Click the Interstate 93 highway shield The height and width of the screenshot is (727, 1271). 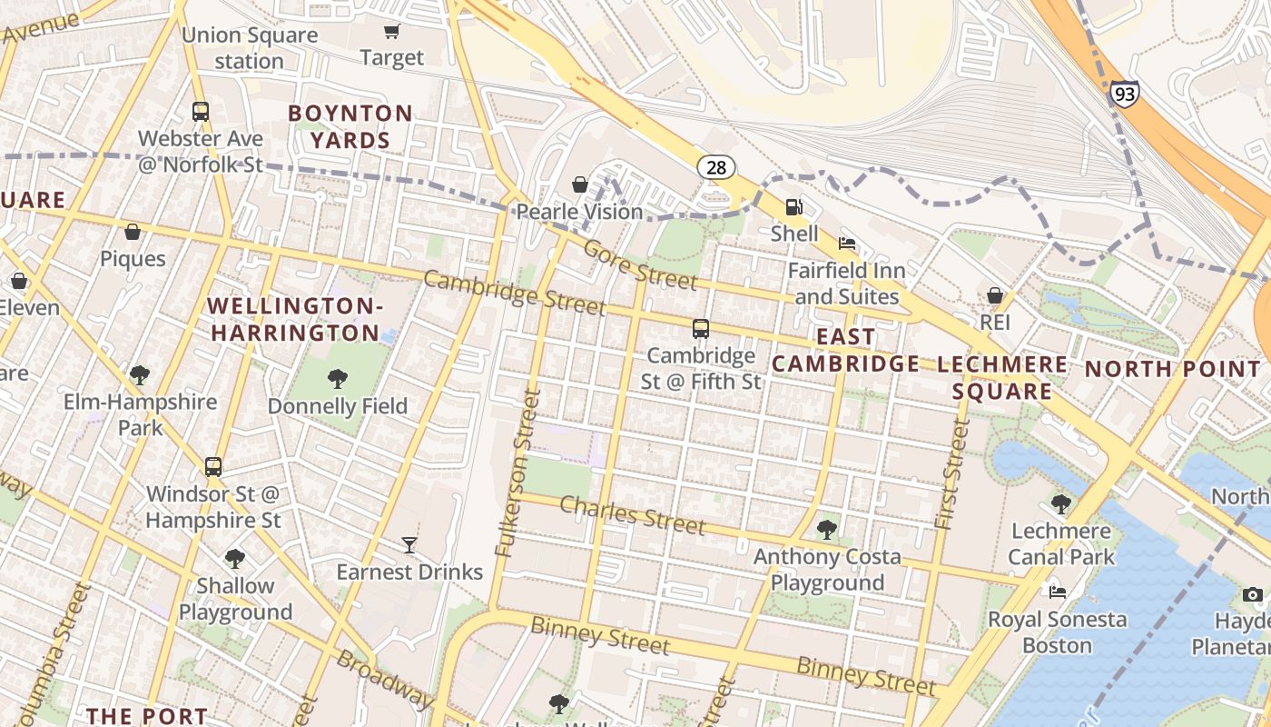point(1123,94)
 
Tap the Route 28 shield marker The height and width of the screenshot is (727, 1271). point(716,166)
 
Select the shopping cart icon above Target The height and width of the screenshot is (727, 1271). point(391,32)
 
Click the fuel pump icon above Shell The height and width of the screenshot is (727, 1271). point(794,207)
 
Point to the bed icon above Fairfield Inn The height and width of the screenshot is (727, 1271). point(846,244)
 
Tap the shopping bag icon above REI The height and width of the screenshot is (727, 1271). point(995,295)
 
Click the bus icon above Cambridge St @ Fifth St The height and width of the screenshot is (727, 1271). point(701,329)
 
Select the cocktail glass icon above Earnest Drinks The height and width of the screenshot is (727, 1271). point(409,545)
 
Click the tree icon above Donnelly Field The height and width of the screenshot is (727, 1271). point(338,379)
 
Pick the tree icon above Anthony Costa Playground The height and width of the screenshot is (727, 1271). point(827,529)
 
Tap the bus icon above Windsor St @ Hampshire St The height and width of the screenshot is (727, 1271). point(213,467)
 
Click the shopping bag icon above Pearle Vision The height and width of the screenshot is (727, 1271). point(579,185)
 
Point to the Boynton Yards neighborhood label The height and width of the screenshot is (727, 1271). point(350,127)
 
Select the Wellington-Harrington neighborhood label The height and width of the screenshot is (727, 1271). point(295,319)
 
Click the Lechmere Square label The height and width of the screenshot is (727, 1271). point(1002,378)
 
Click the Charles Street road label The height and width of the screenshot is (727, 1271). point(632,515)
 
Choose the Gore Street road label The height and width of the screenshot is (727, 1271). point(640,264)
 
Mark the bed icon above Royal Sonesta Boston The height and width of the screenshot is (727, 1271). point(1058,593)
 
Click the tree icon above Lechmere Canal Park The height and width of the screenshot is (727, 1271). point(1060,503)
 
